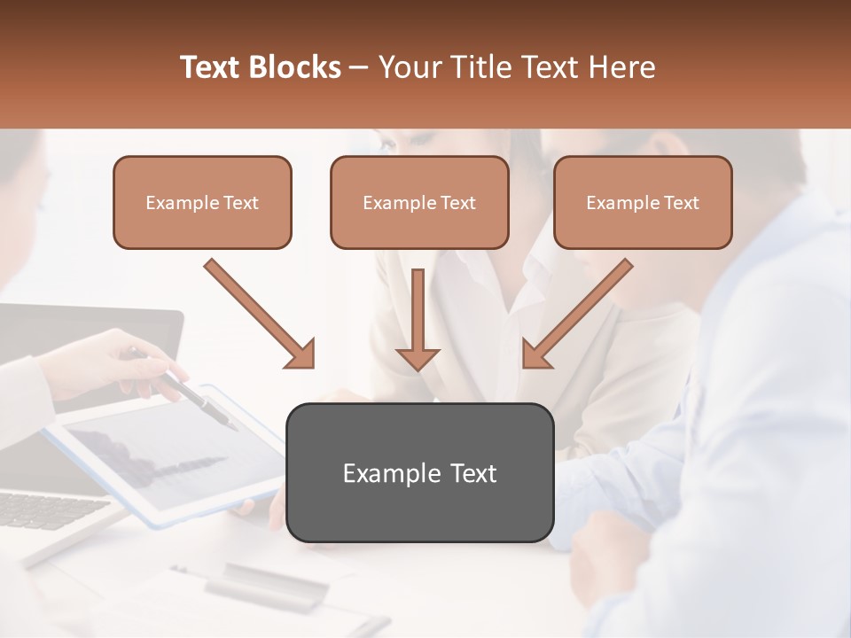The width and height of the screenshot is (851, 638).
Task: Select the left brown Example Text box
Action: coord(202,202)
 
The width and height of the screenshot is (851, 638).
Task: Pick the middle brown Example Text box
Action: coord(419,202)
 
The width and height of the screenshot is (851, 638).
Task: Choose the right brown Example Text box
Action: coord(643,202)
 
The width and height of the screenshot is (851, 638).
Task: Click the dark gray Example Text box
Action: coord(419,472)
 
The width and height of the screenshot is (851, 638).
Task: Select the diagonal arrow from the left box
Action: coord(259,313)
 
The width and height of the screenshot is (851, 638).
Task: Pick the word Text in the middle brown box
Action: coord(458,203)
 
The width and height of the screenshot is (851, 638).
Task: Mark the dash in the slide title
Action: coord(359,68)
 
